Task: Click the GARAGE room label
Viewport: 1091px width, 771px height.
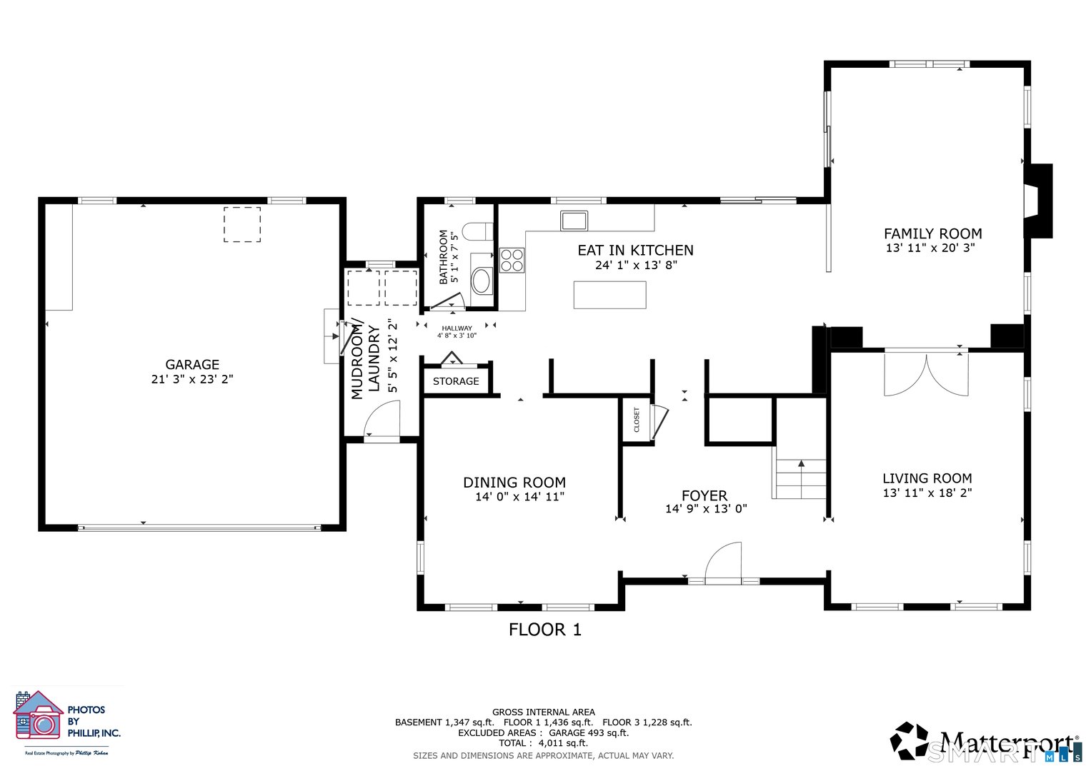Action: point(192,365)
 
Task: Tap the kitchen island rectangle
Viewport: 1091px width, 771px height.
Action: point(609,295)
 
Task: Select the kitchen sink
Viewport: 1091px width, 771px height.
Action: point(573,220)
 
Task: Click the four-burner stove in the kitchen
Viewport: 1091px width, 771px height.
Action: point(512,260)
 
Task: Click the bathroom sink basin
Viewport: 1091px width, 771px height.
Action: point(482,281)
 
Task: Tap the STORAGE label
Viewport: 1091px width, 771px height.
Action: point(456,381)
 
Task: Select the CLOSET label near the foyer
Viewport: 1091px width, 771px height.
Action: point(637,420)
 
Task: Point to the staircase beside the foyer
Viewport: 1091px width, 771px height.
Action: point(799,478)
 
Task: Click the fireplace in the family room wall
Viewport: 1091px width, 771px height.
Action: point(1037,201)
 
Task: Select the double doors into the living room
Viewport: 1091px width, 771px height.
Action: point(926,373)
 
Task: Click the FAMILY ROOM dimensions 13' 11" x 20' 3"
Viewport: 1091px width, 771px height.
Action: point(930,248)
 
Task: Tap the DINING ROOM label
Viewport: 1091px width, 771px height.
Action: point(514,483)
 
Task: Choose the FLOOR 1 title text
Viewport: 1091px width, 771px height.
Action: point(545,630)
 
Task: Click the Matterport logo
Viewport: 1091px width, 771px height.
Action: point(985,742)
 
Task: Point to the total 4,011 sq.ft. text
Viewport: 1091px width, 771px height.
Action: point(543,743)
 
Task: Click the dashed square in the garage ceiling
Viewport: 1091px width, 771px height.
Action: point(242,225)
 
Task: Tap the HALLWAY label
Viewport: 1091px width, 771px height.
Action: point(457,328)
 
